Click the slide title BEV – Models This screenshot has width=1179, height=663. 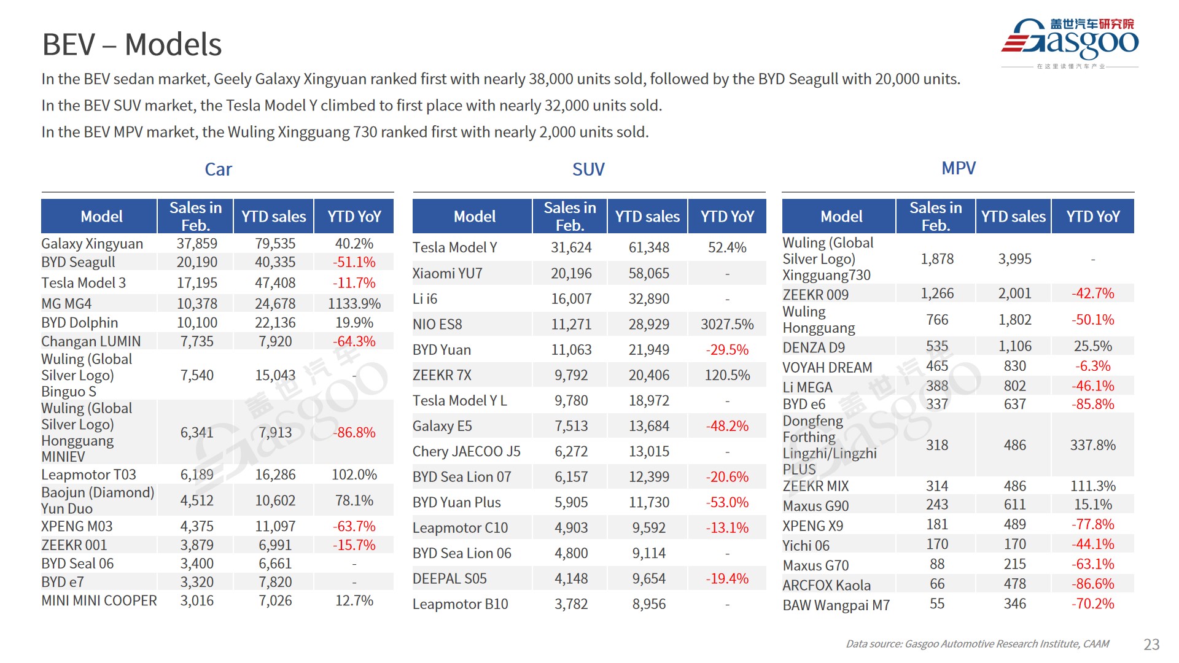point(131,45)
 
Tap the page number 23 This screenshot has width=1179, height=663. point(1151,644)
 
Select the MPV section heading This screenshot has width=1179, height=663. point(958,168)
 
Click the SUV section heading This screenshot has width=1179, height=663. point(588,169)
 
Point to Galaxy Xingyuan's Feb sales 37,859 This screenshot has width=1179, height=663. point(196,244)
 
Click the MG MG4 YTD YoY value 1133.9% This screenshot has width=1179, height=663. point(354,303)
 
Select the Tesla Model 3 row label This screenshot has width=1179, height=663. point(84,283)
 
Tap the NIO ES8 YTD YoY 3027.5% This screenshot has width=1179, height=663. point(727,324)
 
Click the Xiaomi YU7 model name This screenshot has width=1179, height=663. point(448,273)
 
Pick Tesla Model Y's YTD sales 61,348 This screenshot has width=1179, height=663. point(648,247)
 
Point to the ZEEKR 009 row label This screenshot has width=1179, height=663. point(815,295)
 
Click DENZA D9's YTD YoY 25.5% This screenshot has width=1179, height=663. point(1092,346)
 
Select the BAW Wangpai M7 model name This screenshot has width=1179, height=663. point(836,605)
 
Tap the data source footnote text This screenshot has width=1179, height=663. point(977,644)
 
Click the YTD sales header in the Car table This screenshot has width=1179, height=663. point(273,217)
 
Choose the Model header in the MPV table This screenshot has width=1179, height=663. point(841,217)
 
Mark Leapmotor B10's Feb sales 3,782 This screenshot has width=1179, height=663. point(571,604)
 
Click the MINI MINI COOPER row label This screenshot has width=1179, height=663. point(99,600)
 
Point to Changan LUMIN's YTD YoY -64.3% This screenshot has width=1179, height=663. point(354,341)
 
